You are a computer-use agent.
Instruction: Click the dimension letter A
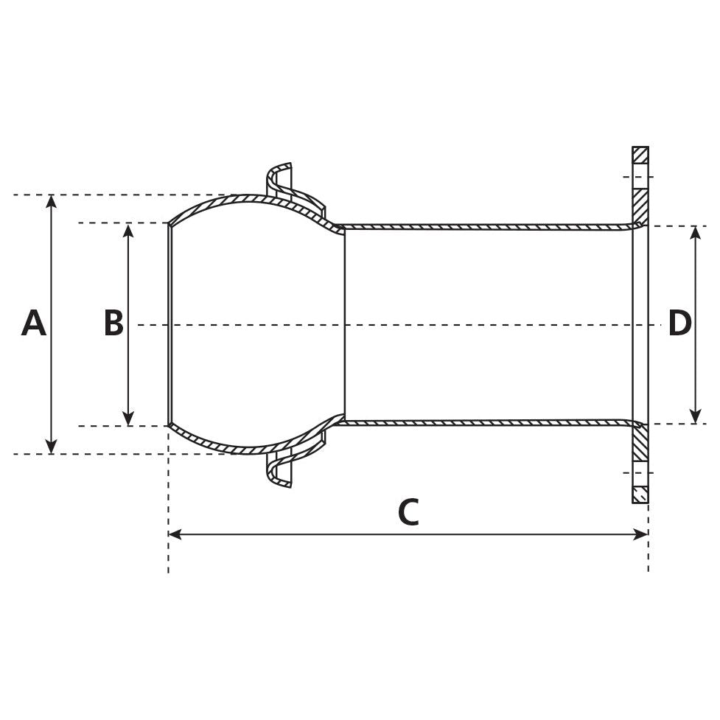(34, 324)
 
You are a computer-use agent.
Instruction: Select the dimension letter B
(113, 324)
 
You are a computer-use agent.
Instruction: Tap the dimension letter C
(408, 512)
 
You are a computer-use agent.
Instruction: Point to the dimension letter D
(679, 324)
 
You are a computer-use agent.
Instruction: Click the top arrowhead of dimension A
(51, 201)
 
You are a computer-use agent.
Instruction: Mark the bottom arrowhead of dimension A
(51, 447)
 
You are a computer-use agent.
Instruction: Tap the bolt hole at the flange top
(640, 177)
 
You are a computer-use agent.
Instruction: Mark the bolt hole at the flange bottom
(640, 472)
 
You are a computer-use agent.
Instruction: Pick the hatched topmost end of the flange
(640, 155)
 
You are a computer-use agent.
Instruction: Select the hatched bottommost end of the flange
(640, 494)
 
